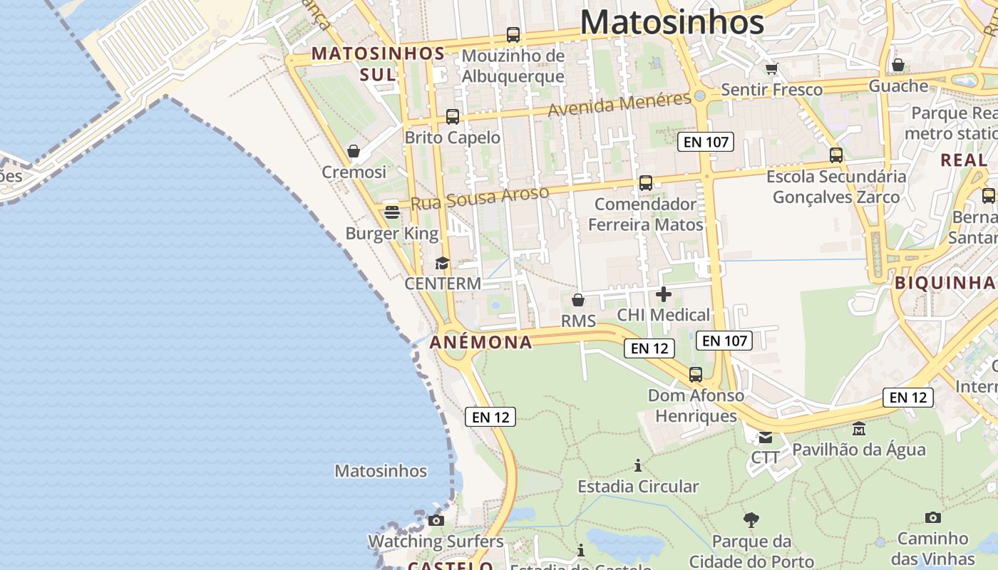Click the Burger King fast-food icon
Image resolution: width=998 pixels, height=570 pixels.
click(x=391, y=212)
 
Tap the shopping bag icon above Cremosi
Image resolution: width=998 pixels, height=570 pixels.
click(x=353, y=151)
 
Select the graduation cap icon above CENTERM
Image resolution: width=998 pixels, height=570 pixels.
click(x=442, y=263)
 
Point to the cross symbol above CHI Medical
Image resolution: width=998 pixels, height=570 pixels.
click(x=664, y=294)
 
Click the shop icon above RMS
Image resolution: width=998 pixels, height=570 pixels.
click(x=578, y=300)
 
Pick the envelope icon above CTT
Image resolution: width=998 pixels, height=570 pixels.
click(x=765, y=437)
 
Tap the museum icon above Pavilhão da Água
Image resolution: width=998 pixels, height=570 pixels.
click(x=859, y=429)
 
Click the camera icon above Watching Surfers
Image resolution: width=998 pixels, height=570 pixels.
click(x=436, y=521)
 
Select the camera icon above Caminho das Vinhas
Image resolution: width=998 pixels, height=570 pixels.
click(x=932, y=517)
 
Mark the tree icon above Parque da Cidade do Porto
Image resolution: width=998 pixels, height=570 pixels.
click(x=751, y=520)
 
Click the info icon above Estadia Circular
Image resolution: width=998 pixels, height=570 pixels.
click(x=638, y=466)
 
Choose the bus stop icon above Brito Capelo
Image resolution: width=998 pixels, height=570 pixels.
click(x=452, y=117)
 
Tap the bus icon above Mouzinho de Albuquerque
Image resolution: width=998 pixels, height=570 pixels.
click(x=513, y=34)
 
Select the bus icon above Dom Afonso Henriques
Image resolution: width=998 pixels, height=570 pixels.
click(x=695, y=375)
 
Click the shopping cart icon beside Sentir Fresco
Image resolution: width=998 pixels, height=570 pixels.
click(x=771, y=69)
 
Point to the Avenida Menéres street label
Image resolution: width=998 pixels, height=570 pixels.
click(x=619, y=104)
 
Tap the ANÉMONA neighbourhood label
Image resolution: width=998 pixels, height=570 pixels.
click(x=481, y=343)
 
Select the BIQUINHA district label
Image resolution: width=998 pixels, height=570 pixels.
click(x=945, y=283)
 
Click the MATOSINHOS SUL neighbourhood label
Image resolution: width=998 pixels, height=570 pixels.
click(x=378, y=63)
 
